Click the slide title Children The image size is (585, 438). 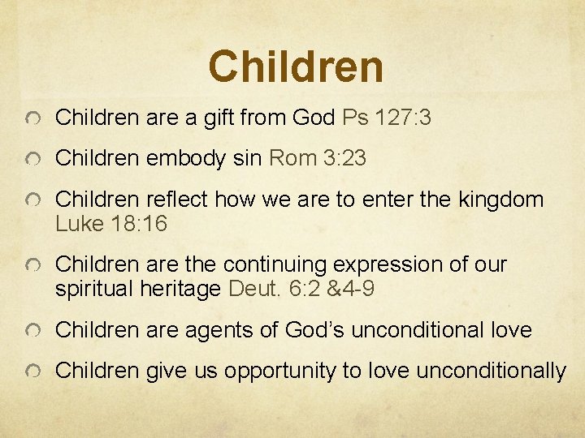[x=295, y=67]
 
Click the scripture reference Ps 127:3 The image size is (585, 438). [x=387, y=118]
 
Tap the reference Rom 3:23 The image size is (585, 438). [x=318, y=159]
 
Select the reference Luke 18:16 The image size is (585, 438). [x=111, y=224]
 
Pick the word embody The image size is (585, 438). [x=186, y=159]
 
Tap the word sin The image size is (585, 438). [x=246, y=159]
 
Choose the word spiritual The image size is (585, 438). [x=96, y=289]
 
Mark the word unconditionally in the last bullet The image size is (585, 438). [x=491, y=371]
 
